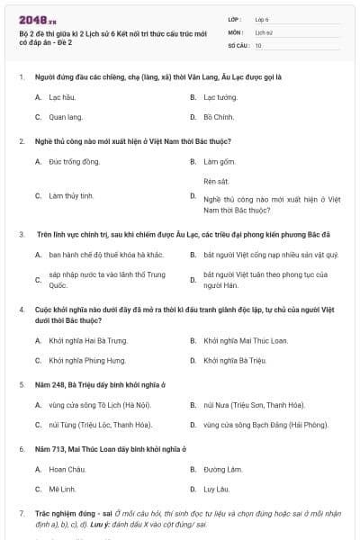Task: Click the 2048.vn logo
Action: click(33, 20)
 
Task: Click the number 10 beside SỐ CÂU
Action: click(259, 44)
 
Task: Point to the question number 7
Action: click(21, 514)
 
